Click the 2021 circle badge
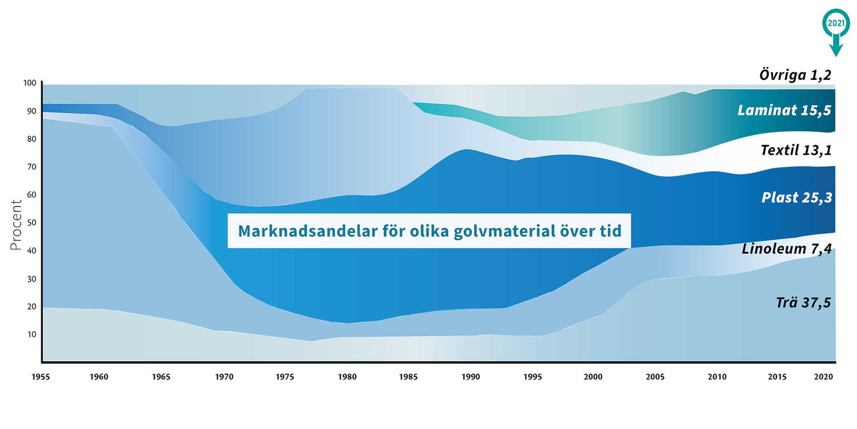pos(836,23)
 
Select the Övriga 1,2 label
pos(795,75)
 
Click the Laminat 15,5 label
pos(784,110)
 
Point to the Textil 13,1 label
pos(796,150)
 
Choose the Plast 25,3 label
pos(797,197)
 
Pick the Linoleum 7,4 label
pos(786,248)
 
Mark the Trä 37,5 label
pos(803,302)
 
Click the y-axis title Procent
pos(16,225)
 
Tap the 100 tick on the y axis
pos(30,83)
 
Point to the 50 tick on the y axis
pos(31,223)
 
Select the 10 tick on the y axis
pos(31,334)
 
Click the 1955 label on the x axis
pos(41,377)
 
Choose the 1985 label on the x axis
pos(408,377)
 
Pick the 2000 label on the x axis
pos(593,377)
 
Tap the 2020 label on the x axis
pos(824,377)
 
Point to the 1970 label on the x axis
pos(224,377)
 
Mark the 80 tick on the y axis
pos(31,139)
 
